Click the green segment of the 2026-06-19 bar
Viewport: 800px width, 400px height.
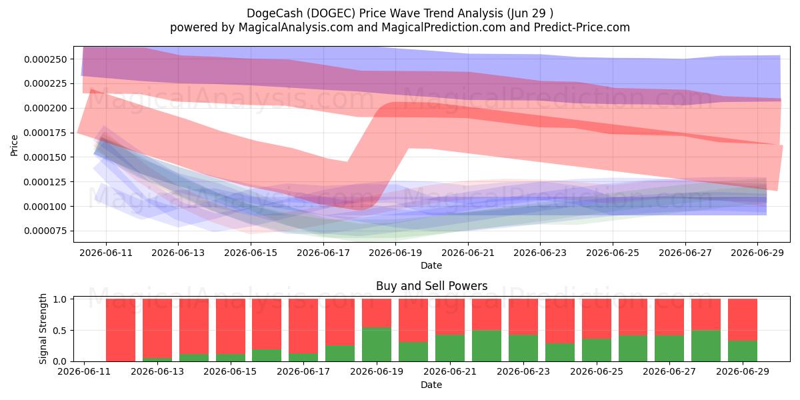pos(377,344)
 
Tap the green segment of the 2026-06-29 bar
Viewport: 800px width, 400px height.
pos(743,351)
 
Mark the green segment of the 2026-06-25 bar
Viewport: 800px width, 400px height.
pos(597,350)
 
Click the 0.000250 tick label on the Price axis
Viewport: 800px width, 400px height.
pos(45,59)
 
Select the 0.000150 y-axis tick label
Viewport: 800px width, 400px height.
pos(45,157)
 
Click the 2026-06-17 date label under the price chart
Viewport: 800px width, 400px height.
pos(323,253)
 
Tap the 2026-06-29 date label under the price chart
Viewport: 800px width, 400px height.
pos(757,253)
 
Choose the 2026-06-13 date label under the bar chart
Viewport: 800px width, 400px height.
pos(157,371)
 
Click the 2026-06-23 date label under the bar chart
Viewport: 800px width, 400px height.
pos(523,371)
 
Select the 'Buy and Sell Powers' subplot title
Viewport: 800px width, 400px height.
pos(431,286)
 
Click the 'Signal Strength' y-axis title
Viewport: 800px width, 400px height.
pos(43,329)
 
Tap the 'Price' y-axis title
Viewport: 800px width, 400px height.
pos(14,146)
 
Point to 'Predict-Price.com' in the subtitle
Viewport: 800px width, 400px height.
pos(582,27)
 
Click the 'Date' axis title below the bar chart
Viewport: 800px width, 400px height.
pos(431,385)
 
